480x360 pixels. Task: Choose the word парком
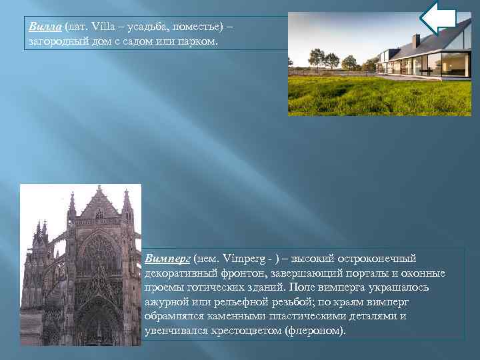197,42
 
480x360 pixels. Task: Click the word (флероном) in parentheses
316,330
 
